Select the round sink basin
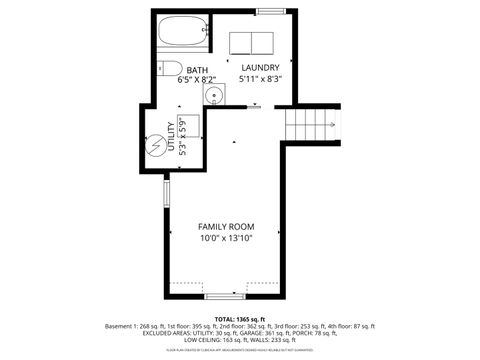(x=212, y=96)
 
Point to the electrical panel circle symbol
(x=156, y=140)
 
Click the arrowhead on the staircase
(x=332, y=125)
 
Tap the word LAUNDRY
(x=260, y=67)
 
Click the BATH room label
(x=197, y=70)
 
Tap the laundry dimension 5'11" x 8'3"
(x=260, y=78)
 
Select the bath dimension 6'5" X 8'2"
(x=197, y=80)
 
